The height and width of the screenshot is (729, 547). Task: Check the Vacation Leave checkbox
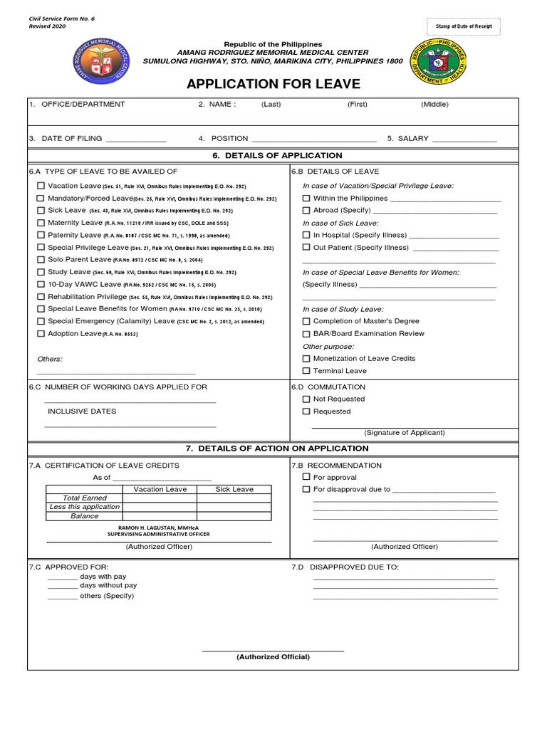point(41,186)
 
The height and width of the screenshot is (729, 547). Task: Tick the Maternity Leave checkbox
point(41,223)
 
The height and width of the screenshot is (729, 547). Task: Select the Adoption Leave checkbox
point(41,334)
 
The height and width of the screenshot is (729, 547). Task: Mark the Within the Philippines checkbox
point(306,199)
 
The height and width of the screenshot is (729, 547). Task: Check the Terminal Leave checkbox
point(306,371)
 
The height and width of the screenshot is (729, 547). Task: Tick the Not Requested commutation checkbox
point(306,399)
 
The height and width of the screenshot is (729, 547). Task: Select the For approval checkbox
point(306,477)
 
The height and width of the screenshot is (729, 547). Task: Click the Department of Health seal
point(438,62)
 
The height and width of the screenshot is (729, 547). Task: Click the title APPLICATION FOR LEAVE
point(273,85)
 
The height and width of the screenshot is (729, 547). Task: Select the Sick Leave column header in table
point(234,489)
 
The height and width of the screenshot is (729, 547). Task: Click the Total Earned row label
point(84,498)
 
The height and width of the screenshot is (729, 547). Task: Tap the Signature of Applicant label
point(404,433)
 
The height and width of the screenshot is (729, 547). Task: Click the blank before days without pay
point(63,586)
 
